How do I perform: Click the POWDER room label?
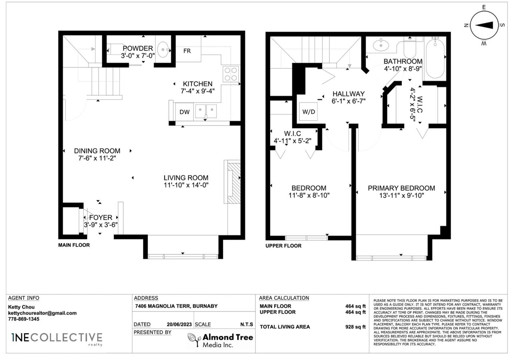tap(138, 48)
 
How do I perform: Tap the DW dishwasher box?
tap(184, 112)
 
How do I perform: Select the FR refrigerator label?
tap(187, 51)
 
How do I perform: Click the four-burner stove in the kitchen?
tap(231, 74)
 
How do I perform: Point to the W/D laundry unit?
tap(309, 111)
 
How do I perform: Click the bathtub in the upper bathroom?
tap(435, 59)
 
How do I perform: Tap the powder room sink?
tap(163, 49)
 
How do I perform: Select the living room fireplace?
tap(232, 182)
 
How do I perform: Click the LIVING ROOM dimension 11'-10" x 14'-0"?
tap(186, 185)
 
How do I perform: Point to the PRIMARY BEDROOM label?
tap(401, 188)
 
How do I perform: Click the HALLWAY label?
tap(349, 94)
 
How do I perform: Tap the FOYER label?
tap(101, 217)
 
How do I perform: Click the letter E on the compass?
tap(484, 7)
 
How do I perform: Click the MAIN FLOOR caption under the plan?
tap(74, 245)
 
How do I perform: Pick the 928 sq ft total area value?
tap(355, 327)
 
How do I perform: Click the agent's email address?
tap(42, 313)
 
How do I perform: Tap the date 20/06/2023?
tap(179, 324)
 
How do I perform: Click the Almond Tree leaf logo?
tap(194, 340)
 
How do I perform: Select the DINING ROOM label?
tap(97, 151)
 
